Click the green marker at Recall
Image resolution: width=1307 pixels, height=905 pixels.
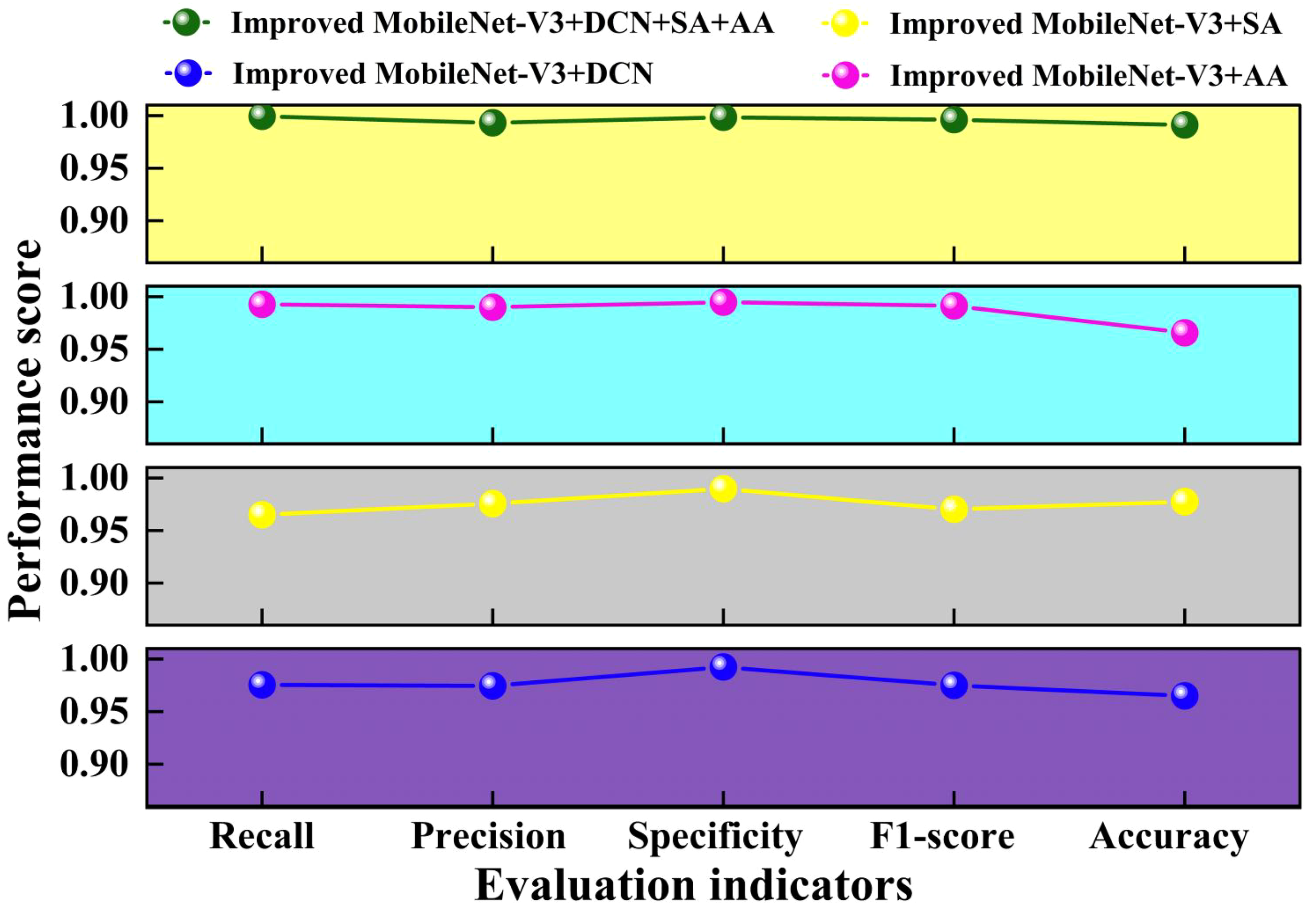261,116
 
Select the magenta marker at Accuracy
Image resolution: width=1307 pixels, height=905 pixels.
1185,332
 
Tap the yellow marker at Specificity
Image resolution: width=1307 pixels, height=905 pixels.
723,489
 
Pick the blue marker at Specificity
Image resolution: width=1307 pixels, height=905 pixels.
723,667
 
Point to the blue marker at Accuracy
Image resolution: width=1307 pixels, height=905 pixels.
1185,696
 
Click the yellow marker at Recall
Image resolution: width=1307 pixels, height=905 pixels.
261,514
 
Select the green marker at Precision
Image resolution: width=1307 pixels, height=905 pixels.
492,122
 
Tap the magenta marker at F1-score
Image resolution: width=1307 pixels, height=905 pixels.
954,306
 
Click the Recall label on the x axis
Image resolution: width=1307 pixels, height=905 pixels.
261,836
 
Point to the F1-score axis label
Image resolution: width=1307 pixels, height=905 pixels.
942,836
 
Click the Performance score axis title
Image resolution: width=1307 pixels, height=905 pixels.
26,431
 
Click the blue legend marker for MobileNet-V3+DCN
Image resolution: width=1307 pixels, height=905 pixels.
188,74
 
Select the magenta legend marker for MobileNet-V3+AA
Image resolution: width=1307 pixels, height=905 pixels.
845,75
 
